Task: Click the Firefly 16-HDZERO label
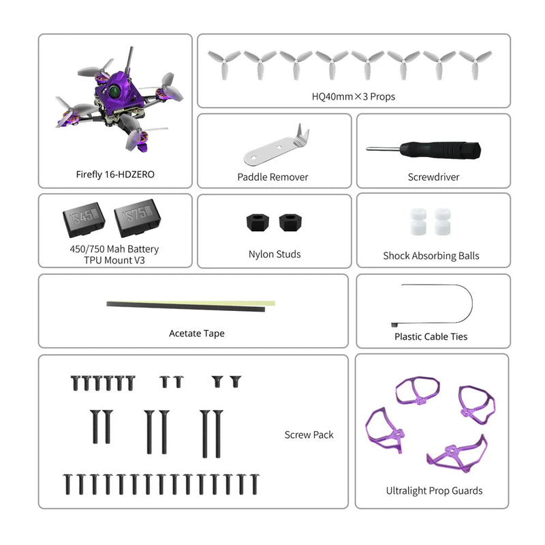(x=115, y=175)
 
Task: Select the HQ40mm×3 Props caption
(x=353, y=97)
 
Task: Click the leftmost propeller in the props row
(x=223, y=63)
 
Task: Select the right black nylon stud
(x=289, y=222)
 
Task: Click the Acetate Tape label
(x=197, y=334)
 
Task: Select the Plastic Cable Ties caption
(x=431, y=336)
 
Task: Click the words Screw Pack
(x=309, y=434)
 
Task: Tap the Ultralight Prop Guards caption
(x=434, y=490)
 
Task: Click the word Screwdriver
(x=433, y=177)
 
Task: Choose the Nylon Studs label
(x=274, y=254)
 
